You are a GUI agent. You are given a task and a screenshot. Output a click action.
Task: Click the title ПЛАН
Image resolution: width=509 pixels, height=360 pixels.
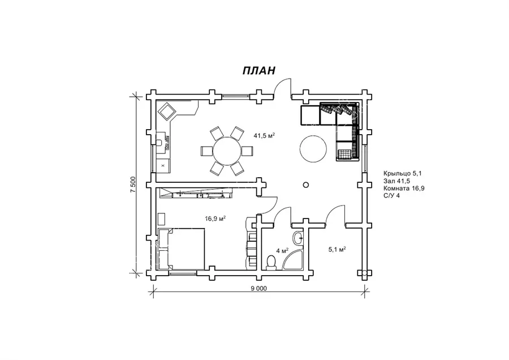pos(258,70)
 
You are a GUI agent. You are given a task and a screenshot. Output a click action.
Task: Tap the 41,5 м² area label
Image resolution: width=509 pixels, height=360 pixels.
pos(264,135)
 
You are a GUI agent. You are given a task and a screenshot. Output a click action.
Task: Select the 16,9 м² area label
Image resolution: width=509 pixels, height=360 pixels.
pos(215,218)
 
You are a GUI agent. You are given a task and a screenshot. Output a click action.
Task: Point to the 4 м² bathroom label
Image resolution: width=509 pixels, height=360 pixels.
pos(282,251)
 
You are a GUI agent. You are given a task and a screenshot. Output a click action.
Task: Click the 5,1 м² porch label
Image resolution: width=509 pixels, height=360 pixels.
pos(337,249)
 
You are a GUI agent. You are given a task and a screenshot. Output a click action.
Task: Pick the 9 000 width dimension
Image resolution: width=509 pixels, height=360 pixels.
pos(258,288)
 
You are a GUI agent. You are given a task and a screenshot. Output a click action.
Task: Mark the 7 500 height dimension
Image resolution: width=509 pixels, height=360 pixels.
pos(133,185)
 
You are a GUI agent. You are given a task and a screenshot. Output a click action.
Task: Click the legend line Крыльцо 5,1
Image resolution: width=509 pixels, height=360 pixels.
pos(402,174)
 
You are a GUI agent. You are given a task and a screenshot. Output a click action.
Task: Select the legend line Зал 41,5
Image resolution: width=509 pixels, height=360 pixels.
pos(396,181)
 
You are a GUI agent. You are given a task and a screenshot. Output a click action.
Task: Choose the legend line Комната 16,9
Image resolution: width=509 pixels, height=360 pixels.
pos(404,188)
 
